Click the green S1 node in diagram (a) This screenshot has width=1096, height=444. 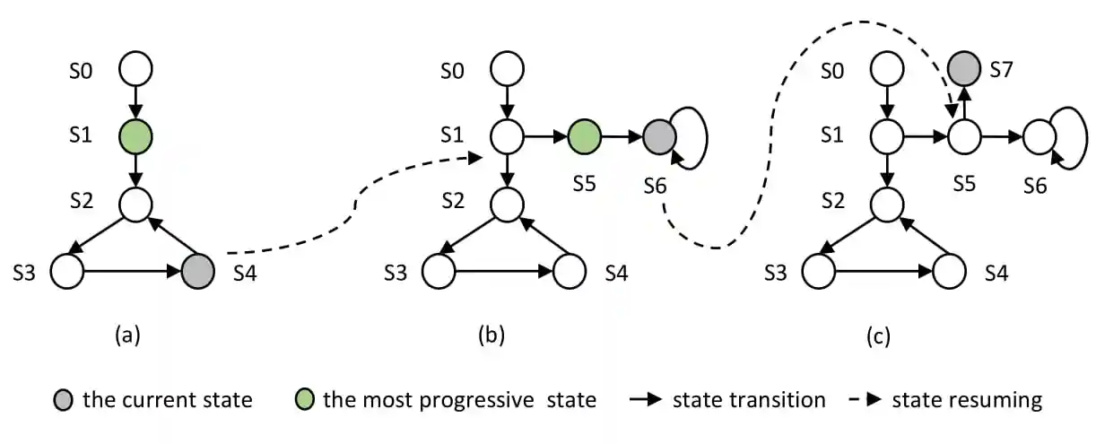point(135,136)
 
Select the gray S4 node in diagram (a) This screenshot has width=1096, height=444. point(198,270)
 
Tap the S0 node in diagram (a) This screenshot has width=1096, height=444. point(135,68)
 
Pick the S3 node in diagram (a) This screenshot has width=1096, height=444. point(66,270)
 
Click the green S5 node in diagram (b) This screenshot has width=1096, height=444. point(584,136)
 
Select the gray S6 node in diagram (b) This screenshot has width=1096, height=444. point(659,136)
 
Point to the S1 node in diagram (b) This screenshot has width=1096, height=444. point(507,136)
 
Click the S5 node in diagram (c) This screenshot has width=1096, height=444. point(965,137)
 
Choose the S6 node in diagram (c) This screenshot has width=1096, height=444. point(1040,137)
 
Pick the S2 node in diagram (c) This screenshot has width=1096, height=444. point(888,204)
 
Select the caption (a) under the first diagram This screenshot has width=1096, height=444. point(126,335)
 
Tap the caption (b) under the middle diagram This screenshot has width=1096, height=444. point(491,335)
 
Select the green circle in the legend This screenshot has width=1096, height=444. point(304,399)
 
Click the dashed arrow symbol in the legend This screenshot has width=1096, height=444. point(863,399)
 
